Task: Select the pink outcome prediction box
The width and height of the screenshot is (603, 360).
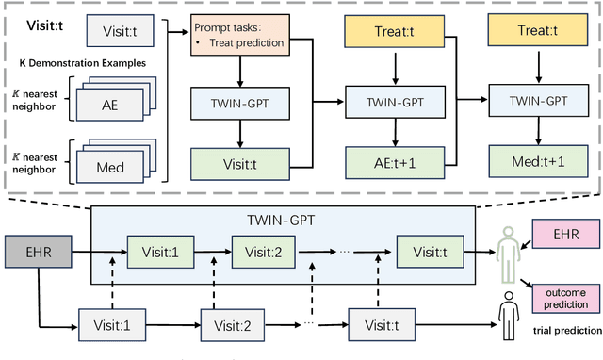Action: [x=565, y=298]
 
